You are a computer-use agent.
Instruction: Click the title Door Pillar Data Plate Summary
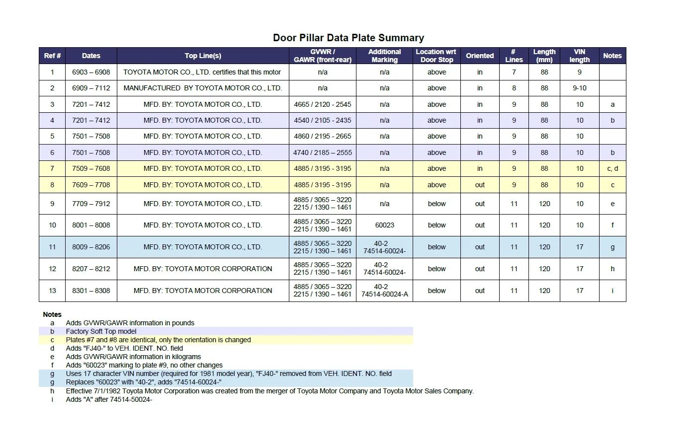[x=348, y=38]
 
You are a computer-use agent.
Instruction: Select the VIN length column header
[x=579, y=56]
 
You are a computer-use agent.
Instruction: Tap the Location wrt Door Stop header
[x=436, y=56]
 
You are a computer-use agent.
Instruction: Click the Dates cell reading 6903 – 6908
[x=91, y=72]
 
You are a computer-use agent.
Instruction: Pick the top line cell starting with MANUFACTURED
[x=203, y=88]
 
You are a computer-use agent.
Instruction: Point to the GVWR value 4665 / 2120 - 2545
[x=322, y=104]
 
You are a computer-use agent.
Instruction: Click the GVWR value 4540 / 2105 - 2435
[x=322, y=120]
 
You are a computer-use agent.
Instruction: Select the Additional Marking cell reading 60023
[x=384, y=225]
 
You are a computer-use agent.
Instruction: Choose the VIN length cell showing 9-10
[x=579, y=88]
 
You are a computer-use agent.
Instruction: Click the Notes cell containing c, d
[x=612, y=168]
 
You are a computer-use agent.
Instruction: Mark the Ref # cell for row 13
[x=52, y=291]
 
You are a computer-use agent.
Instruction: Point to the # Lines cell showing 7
[x=514, y=72]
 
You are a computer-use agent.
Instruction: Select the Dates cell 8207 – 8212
[x=91, y=269]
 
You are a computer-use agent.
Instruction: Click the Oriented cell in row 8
[x=479, y=185]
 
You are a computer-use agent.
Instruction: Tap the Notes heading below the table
[x=52, y=314]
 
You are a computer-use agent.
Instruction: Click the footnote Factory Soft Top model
[x=101, y=331]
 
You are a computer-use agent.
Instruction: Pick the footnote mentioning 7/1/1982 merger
[x=269, y=391]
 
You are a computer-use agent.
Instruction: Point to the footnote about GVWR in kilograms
[x=133, y=357]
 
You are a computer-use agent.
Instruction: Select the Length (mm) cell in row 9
[x=544, y=204]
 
